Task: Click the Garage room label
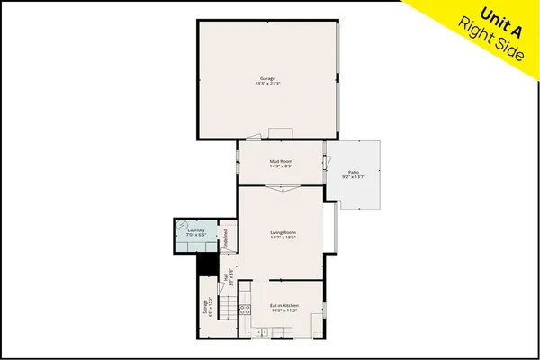tap(266, 78)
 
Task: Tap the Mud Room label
tap(282, 161)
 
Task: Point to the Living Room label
tap(283, 233)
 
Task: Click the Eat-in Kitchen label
tap(283, 306)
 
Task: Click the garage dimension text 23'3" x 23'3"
tap(266, 84)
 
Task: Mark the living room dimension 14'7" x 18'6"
tap(283, 238)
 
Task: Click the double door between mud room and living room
tap(281, 186)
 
